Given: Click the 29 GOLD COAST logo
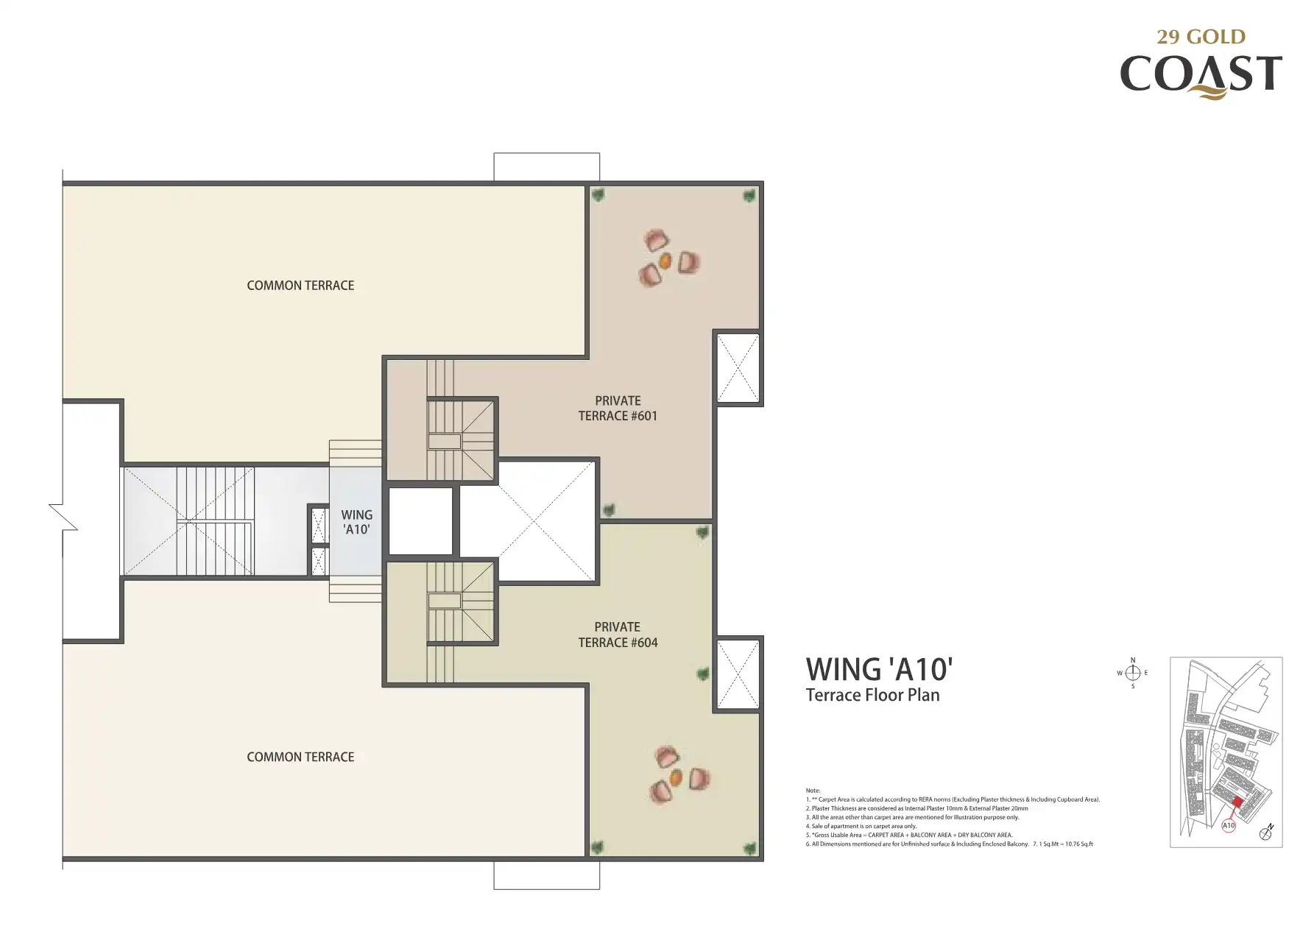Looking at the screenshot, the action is [1201, 64].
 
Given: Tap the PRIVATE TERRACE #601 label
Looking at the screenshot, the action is [618, 409].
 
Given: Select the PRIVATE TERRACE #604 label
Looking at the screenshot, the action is [618, 635].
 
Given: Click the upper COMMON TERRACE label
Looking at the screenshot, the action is [300, 286].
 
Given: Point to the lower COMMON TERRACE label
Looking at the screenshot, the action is [300, 757].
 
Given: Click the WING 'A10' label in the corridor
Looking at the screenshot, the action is [357, 522].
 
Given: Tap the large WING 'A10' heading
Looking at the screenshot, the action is [880, 670].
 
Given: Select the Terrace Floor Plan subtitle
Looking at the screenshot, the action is [873, 696].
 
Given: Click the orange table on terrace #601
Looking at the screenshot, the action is [665, 261].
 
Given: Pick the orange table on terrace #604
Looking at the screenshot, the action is [676, 777].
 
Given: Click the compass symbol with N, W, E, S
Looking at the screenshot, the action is [1133, 673].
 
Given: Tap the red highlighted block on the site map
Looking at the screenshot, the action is [1237, 802].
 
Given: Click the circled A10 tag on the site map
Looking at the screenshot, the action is [1229, 826].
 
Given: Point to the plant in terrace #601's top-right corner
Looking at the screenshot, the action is [749, 196].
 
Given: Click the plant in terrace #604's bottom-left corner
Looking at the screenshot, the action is [597, 847].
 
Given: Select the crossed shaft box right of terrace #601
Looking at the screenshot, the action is [738, 368].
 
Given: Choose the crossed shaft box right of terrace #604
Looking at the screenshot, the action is [738, 674].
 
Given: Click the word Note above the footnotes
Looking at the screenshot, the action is [813, 791].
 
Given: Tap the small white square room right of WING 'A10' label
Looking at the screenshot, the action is [420, 521].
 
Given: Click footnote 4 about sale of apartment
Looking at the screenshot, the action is [861, 826].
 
